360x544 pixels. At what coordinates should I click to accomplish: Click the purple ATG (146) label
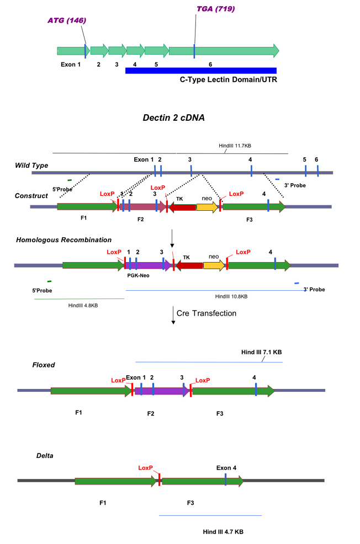tap(67, 21)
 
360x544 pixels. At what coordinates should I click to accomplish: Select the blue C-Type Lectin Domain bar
tap(200, 70)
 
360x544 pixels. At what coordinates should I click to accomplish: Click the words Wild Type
tap(32, 165)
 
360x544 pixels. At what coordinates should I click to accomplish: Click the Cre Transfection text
tap(207, 313)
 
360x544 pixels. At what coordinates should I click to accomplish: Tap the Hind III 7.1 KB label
tap(262, 351)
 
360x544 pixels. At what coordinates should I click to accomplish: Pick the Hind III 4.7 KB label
tap(223, 531)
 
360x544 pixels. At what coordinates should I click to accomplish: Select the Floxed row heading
tap(44, 365)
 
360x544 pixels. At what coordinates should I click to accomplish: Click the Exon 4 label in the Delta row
tap(226, 468)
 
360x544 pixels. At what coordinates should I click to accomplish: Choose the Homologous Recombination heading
tap(63, 240)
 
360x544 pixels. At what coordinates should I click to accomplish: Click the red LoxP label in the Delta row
tap(145, 467)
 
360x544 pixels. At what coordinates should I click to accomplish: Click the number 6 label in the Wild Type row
tap(316, 159)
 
